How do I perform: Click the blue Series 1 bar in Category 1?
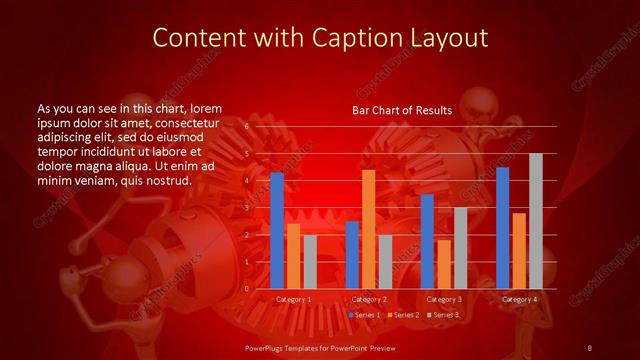click(277, 231)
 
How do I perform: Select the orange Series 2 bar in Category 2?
click(368, 229)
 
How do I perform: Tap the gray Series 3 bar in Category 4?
click(536, 221)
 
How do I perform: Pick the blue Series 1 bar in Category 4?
click(502, 228)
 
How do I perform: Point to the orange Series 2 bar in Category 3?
click(443, 264)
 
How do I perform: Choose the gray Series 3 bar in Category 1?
click(310, 262)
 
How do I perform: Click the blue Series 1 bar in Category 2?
click(352, 255)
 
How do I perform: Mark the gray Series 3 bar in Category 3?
click(460, 248)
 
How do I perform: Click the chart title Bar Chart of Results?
click(402, 110)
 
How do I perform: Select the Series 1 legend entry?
click(364, 315)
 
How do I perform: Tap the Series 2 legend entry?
click(403, 315)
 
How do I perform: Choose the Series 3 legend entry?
click(443, 315)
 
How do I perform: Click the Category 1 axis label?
click(293, 299)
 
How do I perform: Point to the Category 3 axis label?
click(443, 299)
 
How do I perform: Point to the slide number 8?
click(590, 347)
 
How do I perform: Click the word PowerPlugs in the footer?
click(267, 347)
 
